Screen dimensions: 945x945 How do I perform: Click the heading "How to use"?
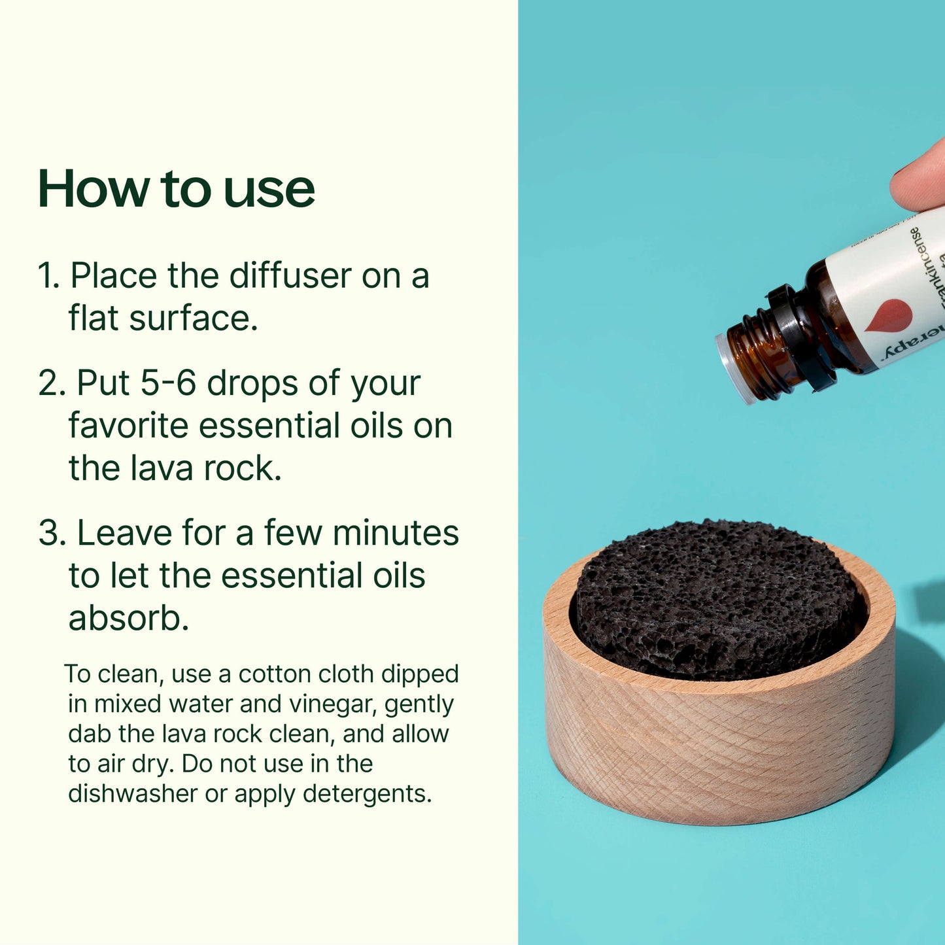pyautogui.click(x=177, y=189)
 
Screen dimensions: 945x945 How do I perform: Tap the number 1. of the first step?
pyautogui.click(x=49, y=275)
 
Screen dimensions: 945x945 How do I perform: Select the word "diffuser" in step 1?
pyautogui.click(x=290, y=275)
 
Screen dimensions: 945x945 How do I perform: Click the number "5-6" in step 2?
pyautogui.click(x=168, y=383)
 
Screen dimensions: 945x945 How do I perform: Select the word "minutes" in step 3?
pyautogui.click(x=396, y=533)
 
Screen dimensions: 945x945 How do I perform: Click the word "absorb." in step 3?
pyautogui.click(x=129, y=618)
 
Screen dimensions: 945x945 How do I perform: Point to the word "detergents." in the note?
pyautogui.click(x=367, y=794)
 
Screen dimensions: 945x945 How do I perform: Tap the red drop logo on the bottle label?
pyautogui.click(x=879, y=314)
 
